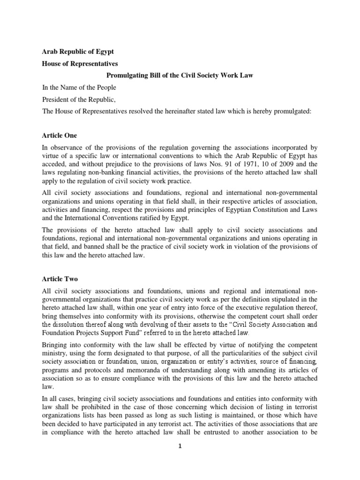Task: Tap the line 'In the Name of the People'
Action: (79, 87)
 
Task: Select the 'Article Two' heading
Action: (60, 278)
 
